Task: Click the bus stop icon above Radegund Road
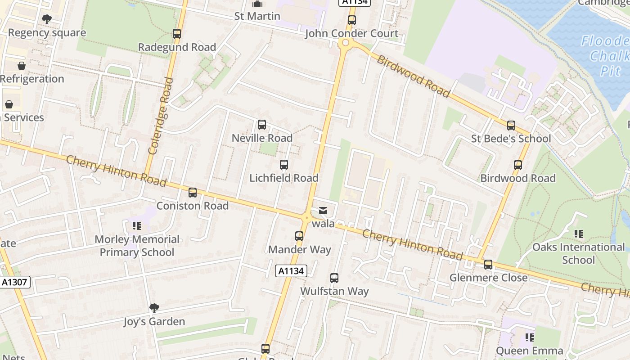coord(177,34)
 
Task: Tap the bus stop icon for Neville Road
coord(261,125)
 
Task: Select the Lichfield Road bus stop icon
coord(283,165)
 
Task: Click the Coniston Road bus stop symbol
coord(193,193)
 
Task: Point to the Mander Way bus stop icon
coord(299,236)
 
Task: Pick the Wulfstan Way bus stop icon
coord(334,278)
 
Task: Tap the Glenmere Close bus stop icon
coord(488,265)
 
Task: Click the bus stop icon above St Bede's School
coord(511,126)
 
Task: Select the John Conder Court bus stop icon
coord(351,20)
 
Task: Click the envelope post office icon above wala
coord(323,210)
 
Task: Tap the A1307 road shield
coord(14,282)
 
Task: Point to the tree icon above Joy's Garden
coord(154,308)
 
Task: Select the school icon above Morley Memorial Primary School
coord(137,226)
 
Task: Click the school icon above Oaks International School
coord(578,234)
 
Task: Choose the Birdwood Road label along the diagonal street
coord(413,76)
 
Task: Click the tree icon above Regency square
coord(46,19)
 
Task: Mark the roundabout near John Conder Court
coord(345,43)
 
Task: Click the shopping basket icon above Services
coord(9,105)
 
